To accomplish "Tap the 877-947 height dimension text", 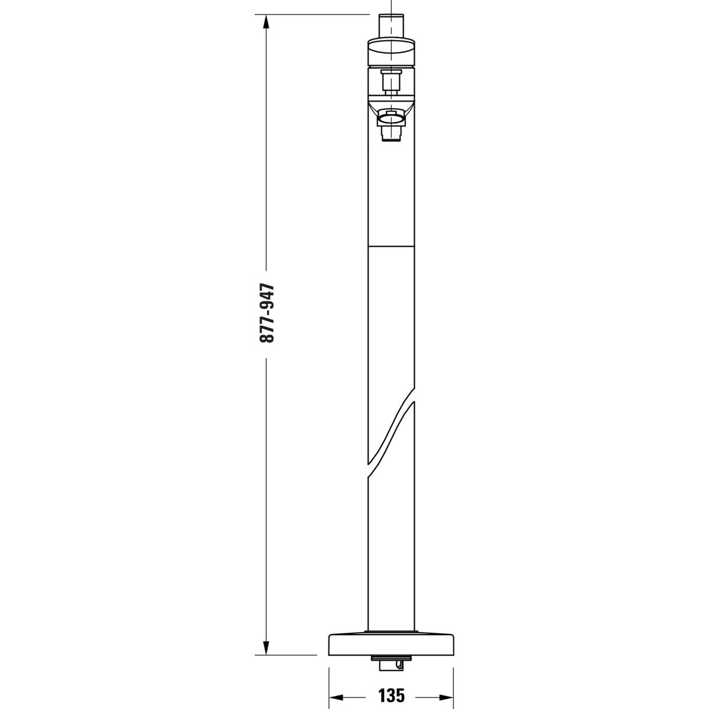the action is point(267,313).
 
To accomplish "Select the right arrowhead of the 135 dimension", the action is point(445,685).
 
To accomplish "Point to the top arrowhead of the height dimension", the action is point(266,23).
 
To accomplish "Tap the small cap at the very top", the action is point(392,26).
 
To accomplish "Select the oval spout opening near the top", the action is point(391,119).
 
